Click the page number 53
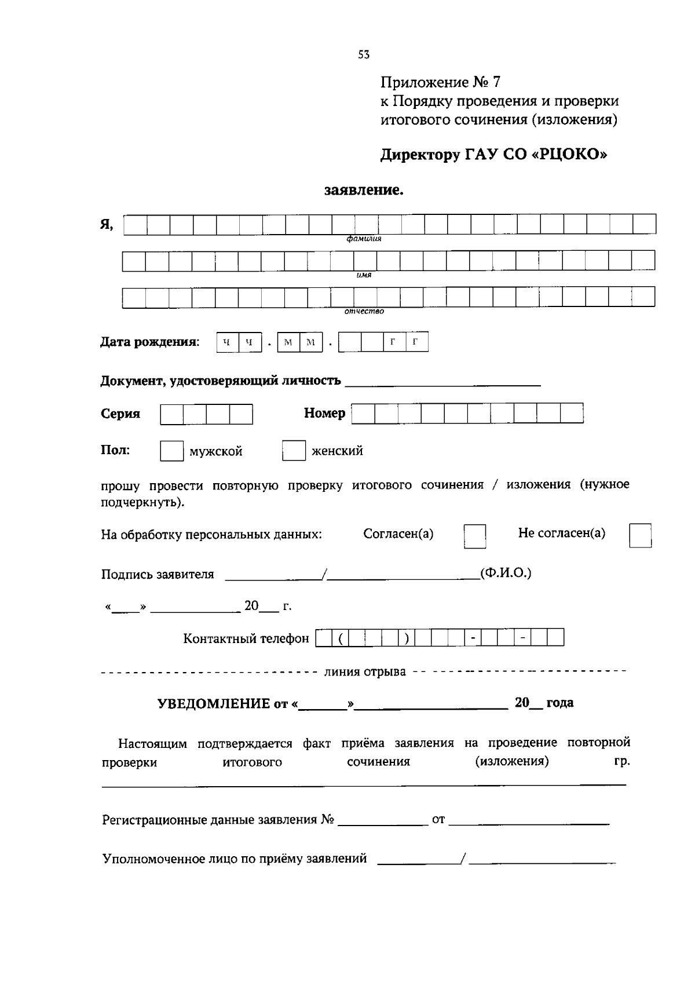point(364,55)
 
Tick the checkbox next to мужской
point(171,451)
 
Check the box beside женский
point(294,451)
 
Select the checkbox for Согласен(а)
point(475,536)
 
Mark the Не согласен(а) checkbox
point(640,535)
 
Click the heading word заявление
point(364,190)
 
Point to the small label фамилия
point(364,239)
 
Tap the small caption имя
point(364,275)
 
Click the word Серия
point(120,414)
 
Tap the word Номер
point(324,413)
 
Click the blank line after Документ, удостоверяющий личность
point(442,382)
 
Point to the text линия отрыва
point(365,672)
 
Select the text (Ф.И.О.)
point(506,573)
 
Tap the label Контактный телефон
point(246,638)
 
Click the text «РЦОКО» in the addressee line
point(569,155)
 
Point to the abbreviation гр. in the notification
point(621,761)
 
